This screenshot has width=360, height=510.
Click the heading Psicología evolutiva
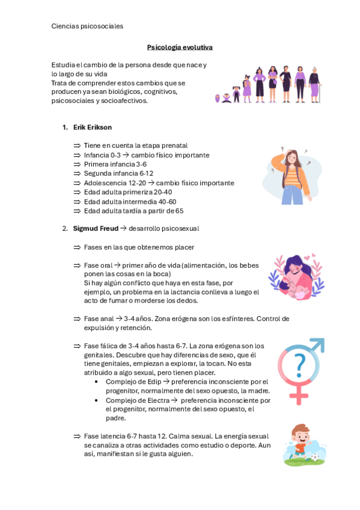(x=180, y=47)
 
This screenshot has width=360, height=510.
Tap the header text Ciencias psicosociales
(x=87, y=26)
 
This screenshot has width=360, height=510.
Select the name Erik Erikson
(x=92, y=127)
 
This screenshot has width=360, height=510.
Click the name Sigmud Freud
(x=96, y=229)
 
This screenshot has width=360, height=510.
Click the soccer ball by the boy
(x=314, y=458)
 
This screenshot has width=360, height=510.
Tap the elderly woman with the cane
(x=315, y=85)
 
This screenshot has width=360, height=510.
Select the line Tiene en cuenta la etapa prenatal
(x=135, y=146)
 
